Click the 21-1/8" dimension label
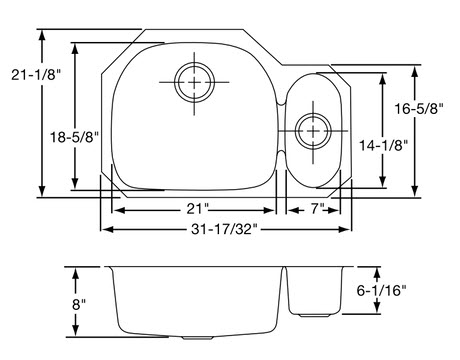click(x=36, y=75)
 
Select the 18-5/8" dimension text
click(x=75, y=137)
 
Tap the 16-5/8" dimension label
click(x=419, y=109)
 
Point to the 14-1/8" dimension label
click(x=383, y=146)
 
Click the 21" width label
click(x=197, y=209)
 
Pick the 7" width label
click(x=318, y=209)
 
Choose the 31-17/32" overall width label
click(x=224, y=229)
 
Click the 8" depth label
click(x=79, y=304)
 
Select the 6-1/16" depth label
click(x=381, y=291)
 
